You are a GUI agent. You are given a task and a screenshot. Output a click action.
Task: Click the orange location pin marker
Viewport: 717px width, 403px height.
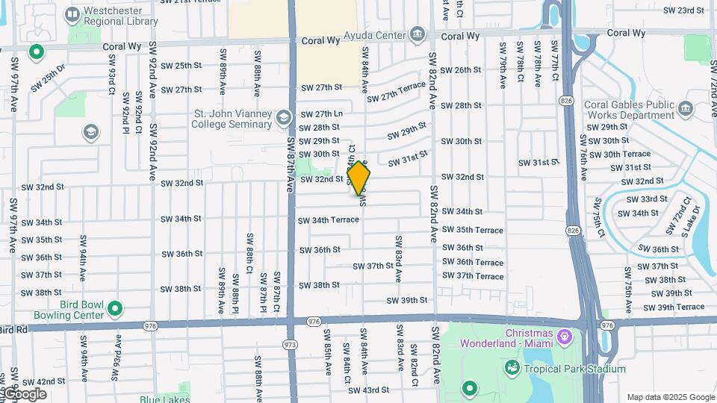[x=359, y=179]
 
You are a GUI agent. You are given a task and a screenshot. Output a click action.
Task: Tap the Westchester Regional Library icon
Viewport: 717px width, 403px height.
[x=72, y=14]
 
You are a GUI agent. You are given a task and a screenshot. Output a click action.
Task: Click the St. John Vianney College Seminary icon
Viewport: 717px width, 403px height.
[x=283, y=118]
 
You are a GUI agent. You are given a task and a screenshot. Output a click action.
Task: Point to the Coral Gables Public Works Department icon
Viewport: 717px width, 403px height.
[x=684, y=110]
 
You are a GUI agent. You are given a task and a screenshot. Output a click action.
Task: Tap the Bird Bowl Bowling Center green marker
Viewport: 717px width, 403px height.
[x=114, y=308]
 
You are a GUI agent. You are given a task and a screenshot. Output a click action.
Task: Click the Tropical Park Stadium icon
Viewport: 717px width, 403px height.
[x=512, y=368]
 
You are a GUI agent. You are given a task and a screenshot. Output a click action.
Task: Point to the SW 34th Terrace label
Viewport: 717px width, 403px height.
[x=329, y=220]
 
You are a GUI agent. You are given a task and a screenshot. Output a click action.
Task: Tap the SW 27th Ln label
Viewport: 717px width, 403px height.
[x=321, y=114]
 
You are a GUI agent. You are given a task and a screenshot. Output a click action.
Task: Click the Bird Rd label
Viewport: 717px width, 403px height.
[x=13, y=329]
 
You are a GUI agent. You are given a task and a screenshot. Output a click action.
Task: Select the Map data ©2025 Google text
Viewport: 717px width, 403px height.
[x=670, y=397]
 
